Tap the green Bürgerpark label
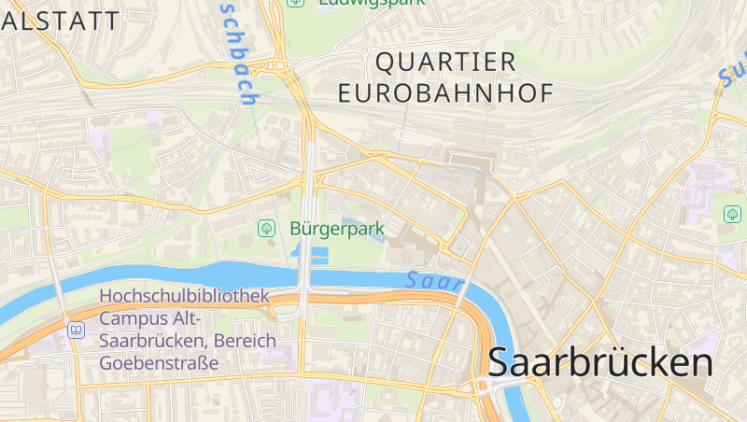[337, 228]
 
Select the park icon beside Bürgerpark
[267, 228]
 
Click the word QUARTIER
[445, 63]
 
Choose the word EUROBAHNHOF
[445, 93]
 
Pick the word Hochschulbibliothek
[184, 296]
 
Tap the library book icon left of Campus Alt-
[76, 330]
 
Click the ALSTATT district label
[60, 21]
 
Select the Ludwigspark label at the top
[371, 3]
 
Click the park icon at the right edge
[732, 214]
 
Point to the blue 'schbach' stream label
[241, 56]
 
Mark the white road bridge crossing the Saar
[305, 280]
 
